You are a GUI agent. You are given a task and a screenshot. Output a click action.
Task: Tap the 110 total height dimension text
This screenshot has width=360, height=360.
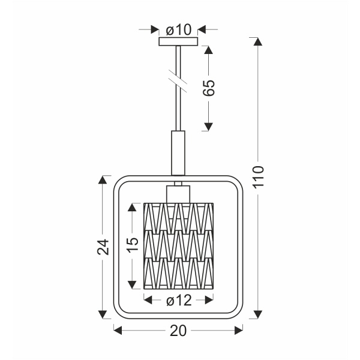pos(258,178)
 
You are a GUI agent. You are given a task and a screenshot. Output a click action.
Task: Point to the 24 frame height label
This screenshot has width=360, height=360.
pos(103,247)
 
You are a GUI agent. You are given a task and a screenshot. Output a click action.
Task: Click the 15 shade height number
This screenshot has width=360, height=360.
pos(133,242)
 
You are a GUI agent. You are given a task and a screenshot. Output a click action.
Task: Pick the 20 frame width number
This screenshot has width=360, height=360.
pos(178,329)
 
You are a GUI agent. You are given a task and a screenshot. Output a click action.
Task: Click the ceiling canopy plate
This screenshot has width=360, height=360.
pos(178,42)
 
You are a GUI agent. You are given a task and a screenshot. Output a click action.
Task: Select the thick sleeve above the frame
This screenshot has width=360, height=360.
pos(178,153)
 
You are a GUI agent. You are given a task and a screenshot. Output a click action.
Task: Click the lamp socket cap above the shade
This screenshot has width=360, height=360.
pos(178,193)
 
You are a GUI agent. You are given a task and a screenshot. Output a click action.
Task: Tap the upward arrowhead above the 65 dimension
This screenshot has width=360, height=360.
pos(208,50)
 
